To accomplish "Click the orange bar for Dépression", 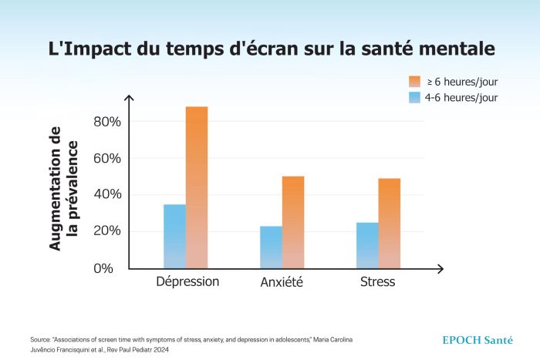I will click(x=197, y=187).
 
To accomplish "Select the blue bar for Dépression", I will click(x=174, y=236).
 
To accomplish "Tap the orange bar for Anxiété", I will click(x=293, y=222).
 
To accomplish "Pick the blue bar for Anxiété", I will click(x=271, y=247).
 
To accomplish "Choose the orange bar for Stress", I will click(x=390, y=223).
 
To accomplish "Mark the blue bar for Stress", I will click(x=367, y=245).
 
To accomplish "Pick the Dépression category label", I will click(x=187, y=281).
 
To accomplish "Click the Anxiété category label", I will click(x=282, y=282).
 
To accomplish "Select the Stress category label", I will click(x=377, y=281).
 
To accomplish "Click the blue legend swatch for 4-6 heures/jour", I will click(x=414, y=98).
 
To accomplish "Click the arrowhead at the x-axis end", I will click(x=440, y=268).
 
